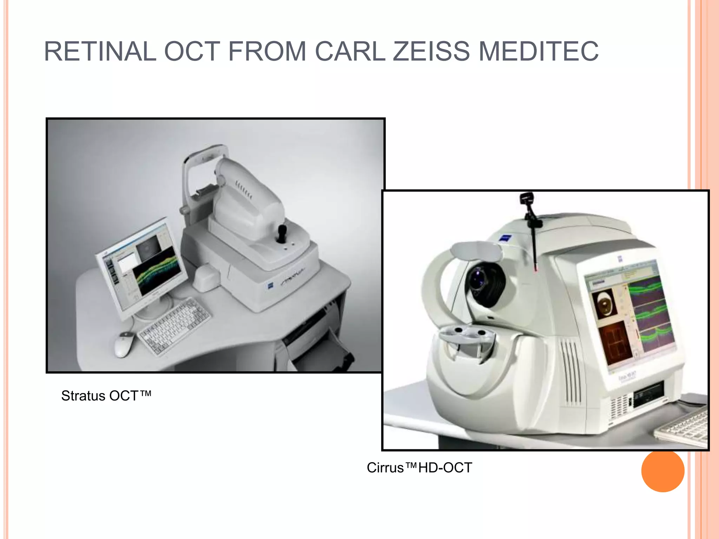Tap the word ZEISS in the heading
[431, 52]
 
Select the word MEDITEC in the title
[539, 52]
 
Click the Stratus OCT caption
[106, 396]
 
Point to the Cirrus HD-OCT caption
[419, 468]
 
